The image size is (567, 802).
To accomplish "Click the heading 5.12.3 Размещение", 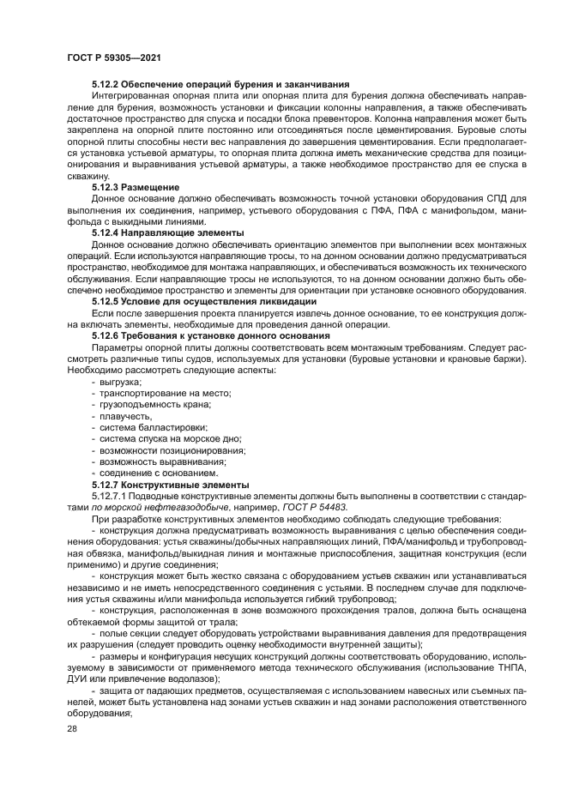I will coord(136,186).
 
